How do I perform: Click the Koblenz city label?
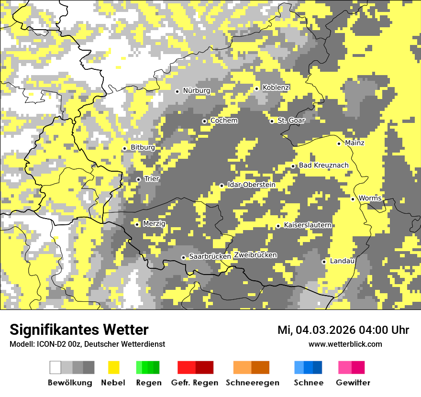tap(276, 88)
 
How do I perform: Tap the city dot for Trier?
tap(138, 179)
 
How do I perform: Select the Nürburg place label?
tap(196, 90)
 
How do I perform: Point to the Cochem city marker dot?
tap(204, 121)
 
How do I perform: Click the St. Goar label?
tap(291, 121)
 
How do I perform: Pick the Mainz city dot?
tap(339, 143)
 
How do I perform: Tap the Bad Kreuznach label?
tap(324, 165)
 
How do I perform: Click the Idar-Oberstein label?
tap(252, 185)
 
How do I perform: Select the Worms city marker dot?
tap(353, 199)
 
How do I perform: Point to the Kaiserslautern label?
tap(308, 225)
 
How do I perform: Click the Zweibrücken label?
tap(255, 255)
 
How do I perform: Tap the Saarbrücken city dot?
tap(183, 257)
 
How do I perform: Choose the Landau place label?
tap(342, 261)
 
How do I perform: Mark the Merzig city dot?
tap(137, 224)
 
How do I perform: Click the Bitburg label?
tap(143, 148)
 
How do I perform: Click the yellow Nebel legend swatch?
tap(113, 367)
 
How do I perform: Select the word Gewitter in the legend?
tap(353, 383)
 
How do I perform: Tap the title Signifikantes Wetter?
tap(79, 330)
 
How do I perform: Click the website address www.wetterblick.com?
tap(345, 344)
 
